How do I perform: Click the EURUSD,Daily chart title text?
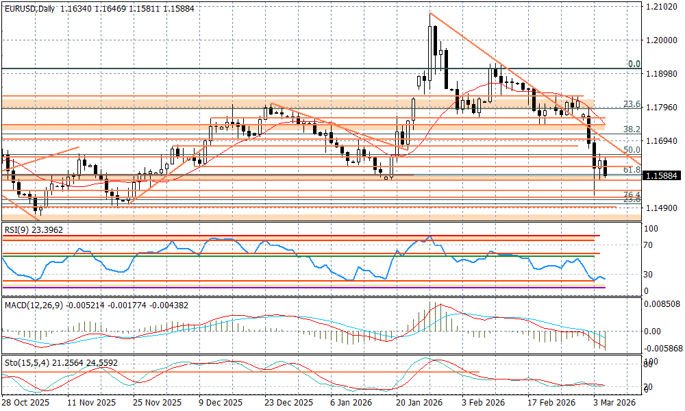(29, 8)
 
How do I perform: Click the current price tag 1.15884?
(661, 175)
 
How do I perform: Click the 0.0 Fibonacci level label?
(634, 64)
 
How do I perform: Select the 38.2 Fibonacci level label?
(632, 129)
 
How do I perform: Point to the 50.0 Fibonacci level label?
(632, 149)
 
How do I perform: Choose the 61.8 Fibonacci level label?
(632, 169)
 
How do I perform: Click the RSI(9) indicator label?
(32, 230)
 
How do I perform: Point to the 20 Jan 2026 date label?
(419, 403)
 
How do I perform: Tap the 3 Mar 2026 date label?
(614, 403)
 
